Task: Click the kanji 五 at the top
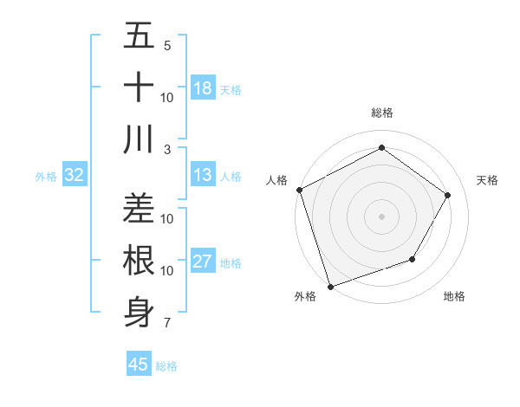coord(139,36)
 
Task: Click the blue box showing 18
coord(202,88)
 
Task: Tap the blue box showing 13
coord(202,176)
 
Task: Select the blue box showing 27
coord(202,262)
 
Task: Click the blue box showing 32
coord(74,176)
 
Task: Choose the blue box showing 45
coord(139,365)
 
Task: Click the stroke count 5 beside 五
coord(167,45)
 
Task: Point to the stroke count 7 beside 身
coord(167,323)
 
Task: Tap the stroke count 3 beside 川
coord(167,149)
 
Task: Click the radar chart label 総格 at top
coord(381,113)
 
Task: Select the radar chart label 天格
coord(488,180)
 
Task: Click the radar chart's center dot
coord(381,216)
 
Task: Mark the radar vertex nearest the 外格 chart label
coord(330,286)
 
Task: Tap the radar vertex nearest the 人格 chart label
coord(299,190)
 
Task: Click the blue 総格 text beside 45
coord(166,366)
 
